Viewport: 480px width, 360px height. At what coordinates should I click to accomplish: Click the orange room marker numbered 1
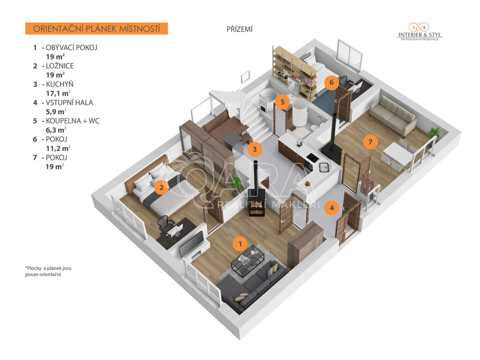pos(240,244)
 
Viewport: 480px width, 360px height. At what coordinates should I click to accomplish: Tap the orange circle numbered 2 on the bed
pos(161,187)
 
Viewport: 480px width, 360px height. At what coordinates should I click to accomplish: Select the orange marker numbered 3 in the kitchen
pos(255,150)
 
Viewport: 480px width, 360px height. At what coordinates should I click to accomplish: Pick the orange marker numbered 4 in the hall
pos(332,208)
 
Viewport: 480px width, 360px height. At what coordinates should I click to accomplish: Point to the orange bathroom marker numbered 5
pos(282,102)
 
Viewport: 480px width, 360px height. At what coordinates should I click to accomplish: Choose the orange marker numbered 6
pos(331,82)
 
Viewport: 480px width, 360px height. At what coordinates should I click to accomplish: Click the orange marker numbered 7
pos(370,142)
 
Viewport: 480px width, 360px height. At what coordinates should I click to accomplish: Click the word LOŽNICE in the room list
pos(60,66)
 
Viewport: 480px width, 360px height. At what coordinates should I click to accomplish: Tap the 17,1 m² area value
pos(58,93)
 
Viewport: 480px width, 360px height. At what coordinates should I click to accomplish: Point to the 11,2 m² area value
pos(58,149)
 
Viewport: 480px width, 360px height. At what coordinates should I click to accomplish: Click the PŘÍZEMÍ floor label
pos(240,30)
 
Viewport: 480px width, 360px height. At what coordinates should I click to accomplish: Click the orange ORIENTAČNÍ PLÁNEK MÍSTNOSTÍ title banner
pos(97,29)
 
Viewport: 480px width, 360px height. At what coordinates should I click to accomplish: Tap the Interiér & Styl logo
pos(420,32)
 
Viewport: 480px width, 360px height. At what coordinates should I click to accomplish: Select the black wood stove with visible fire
pos(256,202)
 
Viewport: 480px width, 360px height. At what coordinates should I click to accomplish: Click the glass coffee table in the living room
pos(248,261)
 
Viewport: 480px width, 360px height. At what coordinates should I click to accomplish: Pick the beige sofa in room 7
pos(393,115)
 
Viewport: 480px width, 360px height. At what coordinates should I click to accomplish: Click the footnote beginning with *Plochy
pos(48,271)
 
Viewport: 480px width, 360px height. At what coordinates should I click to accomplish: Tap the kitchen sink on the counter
pos(324,167)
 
